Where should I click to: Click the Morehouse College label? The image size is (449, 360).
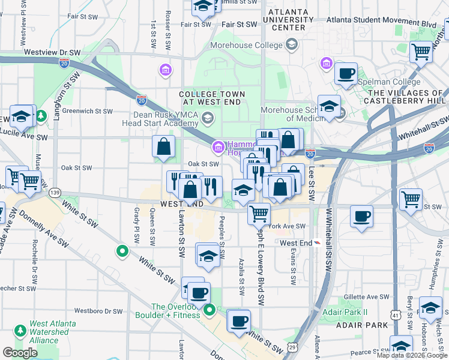pyautogui.click(x=246, y=46)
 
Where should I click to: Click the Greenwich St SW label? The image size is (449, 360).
pyautogui.click(x=88, y=111)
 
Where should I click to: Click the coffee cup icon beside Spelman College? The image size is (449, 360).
pyautogui.click(x=346, y=74)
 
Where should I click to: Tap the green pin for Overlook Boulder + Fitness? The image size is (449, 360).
pyautogui.click(x=209, y=310)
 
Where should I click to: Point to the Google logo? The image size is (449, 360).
pyautogui.click(x=20, y=353)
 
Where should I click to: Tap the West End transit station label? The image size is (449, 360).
pyautogui.click(x=296, y=243)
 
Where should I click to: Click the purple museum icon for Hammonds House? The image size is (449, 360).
pyautogui.click(x=217, y=146)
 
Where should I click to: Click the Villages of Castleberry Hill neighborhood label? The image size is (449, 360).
pyautogui.click(x=406, y=97)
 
